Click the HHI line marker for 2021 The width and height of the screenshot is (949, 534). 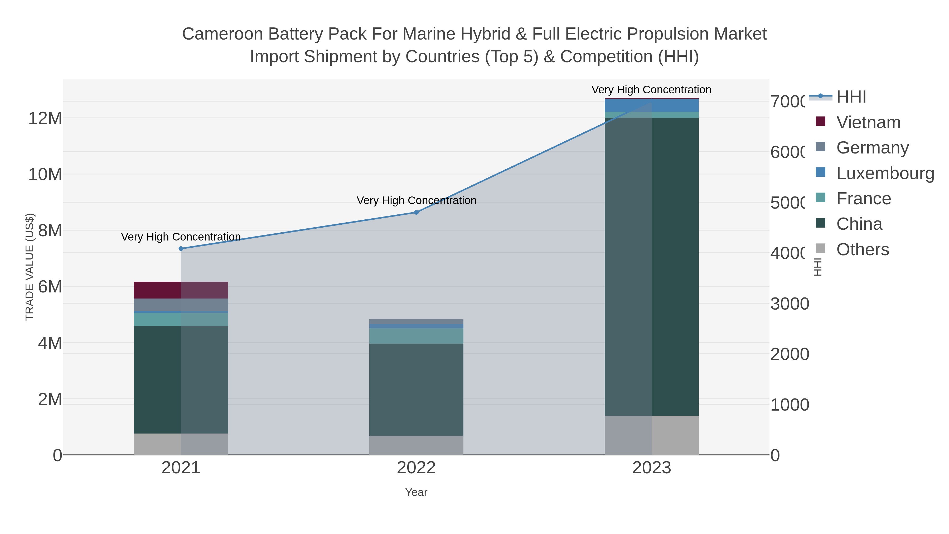click(181, 249)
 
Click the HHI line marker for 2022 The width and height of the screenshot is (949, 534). click(416, 212)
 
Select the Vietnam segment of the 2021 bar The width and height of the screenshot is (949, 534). click(181, 290)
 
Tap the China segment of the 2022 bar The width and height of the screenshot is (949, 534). click(416, 389)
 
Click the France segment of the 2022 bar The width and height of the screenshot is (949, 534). click(416, 336)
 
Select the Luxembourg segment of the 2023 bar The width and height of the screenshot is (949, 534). click(652, 105)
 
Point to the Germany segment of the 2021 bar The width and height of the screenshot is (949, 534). click(181, 305)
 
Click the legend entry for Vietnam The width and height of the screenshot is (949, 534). click(868, 122)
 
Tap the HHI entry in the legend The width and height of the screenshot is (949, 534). click(851, 97)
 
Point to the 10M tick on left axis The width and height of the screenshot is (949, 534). click(45, 174)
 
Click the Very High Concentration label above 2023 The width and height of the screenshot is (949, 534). click(651, 90)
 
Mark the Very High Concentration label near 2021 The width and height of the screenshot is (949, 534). click(181, 237)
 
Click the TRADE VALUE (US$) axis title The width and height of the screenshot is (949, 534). click(30, 267)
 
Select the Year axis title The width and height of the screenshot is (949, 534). click(416, 492)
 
